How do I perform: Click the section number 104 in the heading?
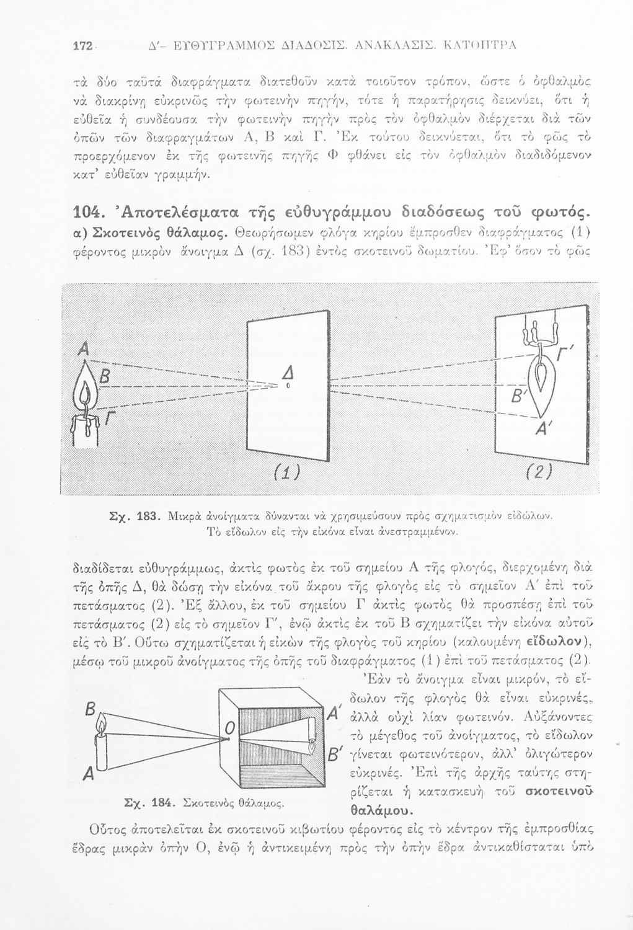(x=86, y=215)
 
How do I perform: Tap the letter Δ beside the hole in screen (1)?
(x=287, y=372)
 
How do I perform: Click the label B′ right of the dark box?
(x=335, y=756)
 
